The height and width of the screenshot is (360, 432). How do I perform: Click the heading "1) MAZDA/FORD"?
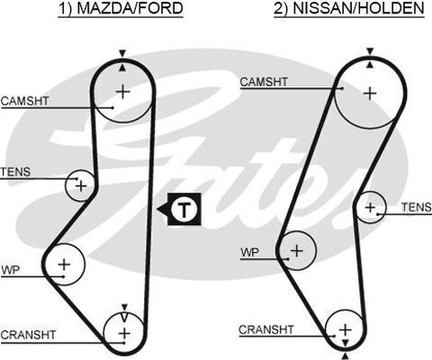[121, 8]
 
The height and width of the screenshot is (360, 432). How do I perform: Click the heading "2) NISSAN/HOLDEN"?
[349, 8]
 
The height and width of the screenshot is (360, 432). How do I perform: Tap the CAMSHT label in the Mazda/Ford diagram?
[24, 101]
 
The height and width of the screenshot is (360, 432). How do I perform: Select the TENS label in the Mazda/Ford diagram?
[15, 172]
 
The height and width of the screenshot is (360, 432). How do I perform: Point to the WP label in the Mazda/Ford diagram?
[10, 270]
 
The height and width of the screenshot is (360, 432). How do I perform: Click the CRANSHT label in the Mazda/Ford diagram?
[28, 335]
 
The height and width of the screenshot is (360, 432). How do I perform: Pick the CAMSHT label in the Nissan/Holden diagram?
[264, 82]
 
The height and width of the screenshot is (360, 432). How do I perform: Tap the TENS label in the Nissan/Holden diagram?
[417, 207]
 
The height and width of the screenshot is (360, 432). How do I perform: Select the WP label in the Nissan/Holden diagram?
[249, 252]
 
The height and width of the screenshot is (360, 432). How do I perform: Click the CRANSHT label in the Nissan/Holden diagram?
[266, 329]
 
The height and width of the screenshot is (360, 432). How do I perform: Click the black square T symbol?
[184, 209]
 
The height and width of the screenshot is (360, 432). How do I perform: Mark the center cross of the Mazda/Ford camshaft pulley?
[122, 92]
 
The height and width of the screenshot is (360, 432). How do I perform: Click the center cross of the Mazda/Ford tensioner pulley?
[81, 186]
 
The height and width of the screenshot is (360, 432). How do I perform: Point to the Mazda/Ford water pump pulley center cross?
[64, 265]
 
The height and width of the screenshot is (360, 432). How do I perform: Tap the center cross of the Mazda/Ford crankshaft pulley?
[124, 333]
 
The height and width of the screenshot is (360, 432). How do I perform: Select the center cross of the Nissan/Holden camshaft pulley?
[370, 94]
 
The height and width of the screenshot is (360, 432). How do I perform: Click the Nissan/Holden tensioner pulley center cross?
[370, 207]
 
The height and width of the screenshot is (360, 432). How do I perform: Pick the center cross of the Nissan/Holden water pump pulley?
[297, 250]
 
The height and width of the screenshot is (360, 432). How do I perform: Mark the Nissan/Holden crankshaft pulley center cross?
[346, 329]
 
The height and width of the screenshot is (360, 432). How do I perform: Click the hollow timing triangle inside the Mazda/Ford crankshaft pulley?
[125, 317]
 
